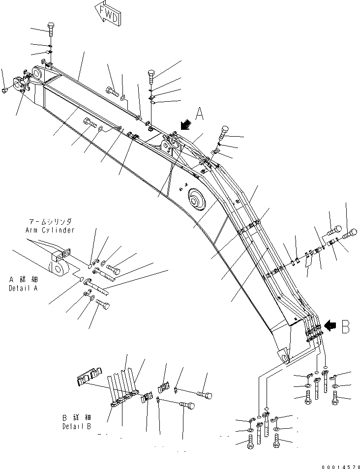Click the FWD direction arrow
click(108, 14)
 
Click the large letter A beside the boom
click(200, 114)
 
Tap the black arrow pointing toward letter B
click(330, 325)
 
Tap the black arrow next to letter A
click(186, 124)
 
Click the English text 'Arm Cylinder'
click(50, 230)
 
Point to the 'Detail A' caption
click(23, 289)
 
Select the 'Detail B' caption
click(77, 426)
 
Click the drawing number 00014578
click(340, 467)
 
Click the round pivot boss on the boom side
click(197, 199)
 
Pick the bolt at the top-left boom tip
click(50, 29)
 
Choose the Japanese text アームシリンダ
click(50, 222)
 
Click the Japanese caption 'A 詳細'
click(23, 280)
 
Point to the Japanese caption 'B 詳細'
click(77, 417)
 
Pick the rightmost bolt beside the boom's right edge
click(350, 234)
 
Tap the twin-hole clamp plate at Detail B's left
click(90, 375)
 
